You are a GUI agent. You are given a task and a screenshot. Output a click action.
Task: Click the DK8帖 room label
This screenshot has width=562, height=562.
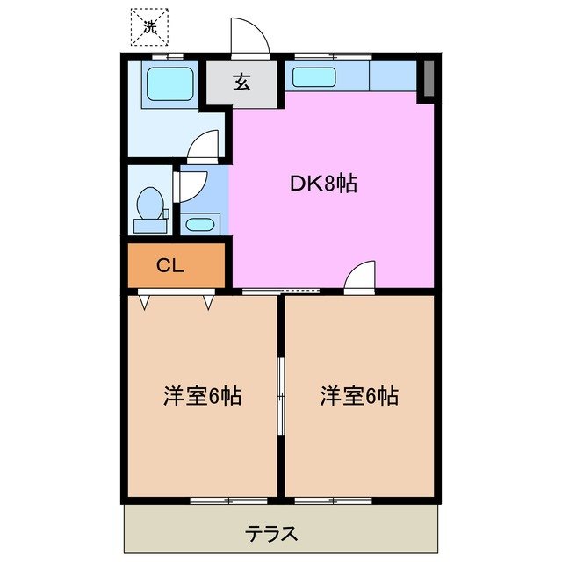pos(323,184)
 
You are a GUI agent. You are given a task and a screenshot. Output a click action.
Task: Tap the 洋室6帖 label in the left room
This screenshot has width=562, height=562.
pos(202,396)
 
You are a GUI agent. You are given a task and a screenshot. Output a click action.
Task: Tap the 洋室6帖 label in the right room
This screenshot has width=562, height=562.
pos(358,396)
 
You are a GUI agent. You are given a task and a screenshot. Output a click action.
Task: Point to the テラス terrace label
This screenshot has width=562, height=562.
pos(271,532)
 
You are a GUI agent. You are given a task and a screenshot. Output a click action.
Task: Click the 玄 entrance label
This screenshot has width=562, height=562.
pos(241,83)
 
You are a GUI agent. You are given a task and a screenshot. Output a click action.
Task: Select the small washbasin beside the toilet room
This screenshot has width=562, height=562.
pos(200,223)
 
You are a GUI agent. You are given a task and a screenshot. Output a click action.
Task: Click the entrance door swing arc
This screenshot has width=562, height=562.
pos(249,36)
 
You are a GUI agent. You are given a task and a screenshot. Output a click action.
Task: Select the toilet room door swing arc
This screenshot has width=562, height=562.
pos(192,184)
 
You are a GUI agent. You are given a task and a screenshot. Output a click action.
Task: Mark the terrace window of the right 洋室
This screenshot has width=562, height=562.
pos(332,500)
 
